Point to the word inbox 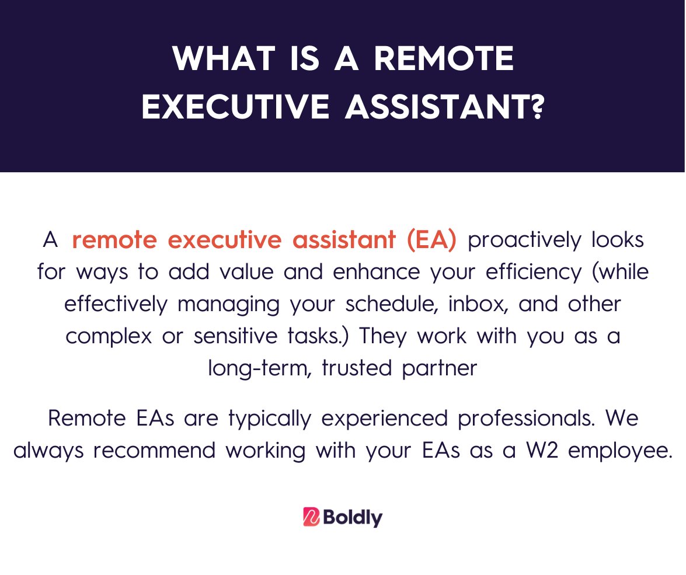(475, 305)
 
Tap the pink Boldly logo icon (310, 517)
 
